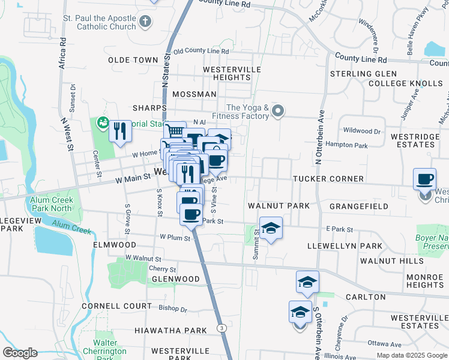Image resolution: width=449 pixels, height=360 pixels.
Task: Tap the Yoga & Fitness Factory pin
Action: (x=277, y=110)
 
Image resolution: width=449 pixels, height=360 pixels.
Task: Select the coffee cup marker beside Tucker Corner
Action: (x=425, y=179)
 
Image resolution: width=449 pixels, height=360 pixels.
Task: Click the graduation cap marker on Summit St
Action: (x=271, y=228)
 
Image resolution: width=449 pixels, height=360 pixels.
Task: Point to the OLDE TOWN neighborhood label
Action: (x=133, y=61)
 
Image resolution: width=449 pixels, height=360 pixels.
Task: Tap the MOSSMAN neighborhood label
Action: (x=194, y=95)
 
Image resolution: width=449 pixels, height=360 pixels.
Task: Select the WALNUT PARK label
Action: (x=279, y=206)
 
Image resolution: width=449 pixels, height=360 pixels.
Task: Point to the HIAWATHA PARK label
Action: (x=162, y=331)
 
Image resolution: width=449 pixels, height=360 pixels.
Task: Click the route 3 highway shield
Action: (x=221, y=328)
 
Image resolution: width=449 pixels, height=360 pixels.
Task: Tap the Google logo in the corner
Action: (x=19, y=353)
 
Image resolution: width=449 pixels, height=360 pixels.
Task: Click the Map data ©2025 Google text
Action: (x=412, y=355)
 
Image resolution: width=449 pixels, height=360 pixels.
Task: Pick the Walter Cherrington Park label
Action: (x=109, y=347)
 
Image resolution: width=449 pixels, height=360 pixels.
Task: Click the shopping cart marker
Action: (x=174, y=130)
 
